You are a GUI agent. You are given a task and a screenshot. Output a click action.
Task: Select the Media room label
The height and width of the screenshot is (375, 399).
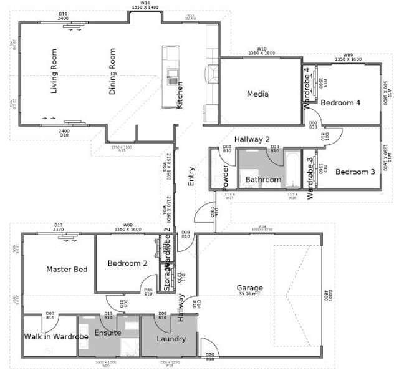[x=257, y=94]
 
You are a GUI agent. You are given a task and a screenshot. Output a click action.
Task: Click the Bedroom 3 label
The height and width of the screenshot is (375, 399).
[x=355, y=172]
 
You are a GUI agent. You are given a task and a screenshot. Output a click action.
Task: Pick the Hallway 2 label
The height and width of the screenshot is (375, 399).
[x=252, y=139]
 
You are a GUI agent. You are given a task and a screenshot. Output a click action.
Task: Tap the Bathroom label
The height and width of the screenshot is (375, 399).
[x=262, y=180]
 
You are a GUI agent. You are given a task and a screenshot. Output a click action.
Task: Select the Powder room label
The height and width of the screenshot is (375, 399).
[x=226, y=177]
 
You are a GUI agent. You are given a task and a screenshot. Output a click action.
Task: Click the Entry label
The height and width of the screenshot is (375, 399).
[x=191, y=177]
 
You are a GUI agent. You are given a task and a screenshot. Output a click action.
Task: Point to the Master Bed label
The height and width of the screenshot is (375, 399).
[x=67, y=269]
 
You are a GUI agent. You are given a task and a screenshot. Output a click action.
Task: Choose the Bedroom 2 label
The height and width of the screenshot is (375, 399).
[x=127, y=263]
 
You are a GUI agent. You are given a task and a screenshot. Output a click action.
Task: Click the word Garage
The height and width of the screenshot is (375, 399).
[x=249, y=288]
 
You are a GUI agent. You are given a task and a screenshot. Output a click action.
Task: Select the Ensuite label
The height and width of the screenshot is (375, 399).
[x=108, y=333]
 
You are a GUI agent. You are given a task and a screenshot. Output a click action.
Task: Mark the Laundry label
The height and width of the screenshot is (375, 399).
[x=171, y=339]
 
